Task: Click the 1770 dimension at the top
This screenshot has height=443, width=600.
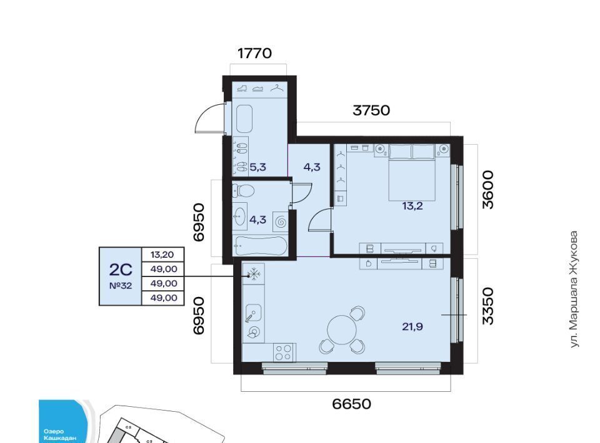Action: [x=254, y=53]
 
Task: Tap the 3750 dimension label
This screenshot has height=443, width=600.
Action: [x=371, y=110]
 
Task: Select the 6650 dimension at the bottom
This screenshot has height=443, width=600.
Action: [x=351, y=404]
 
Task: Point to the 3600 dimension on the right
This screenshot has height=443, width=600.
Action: [x=488, y=190]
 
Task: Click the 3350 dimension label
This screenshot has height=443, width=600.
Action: [x=488, y=306]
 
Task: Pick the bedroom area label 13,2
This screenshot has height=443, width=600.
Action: [x=412, y=207]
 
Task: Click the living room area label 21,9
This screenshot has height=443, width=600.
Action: [x=412, y=326]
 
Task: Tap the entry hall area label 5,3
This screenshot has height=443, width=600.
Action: [x=258, y=167]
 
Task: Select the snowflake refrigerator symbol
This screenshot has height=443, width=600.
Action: [x=253, y=274]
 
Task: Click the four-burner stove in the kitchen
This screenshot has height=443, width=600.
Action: [x=283, y=353]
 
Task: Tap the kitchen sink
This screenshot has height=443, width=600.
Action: [x=252, y=313]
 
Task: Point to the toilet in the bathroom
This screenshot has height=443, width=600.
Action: [x=244, y=190]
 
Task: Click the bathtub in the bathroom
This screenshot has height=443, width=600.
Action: [x=260, y=246]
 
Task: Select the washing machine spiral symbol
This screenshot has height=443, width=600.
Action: [x=281, y=221]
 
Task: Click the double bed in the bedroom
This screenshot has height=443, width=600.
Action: [x=412, y=172]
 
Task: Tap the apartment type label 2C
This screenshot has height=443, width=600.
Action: [x=121, y=270]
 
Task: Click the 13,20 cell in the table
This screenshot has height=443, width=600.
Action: [x=162, y=255]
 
